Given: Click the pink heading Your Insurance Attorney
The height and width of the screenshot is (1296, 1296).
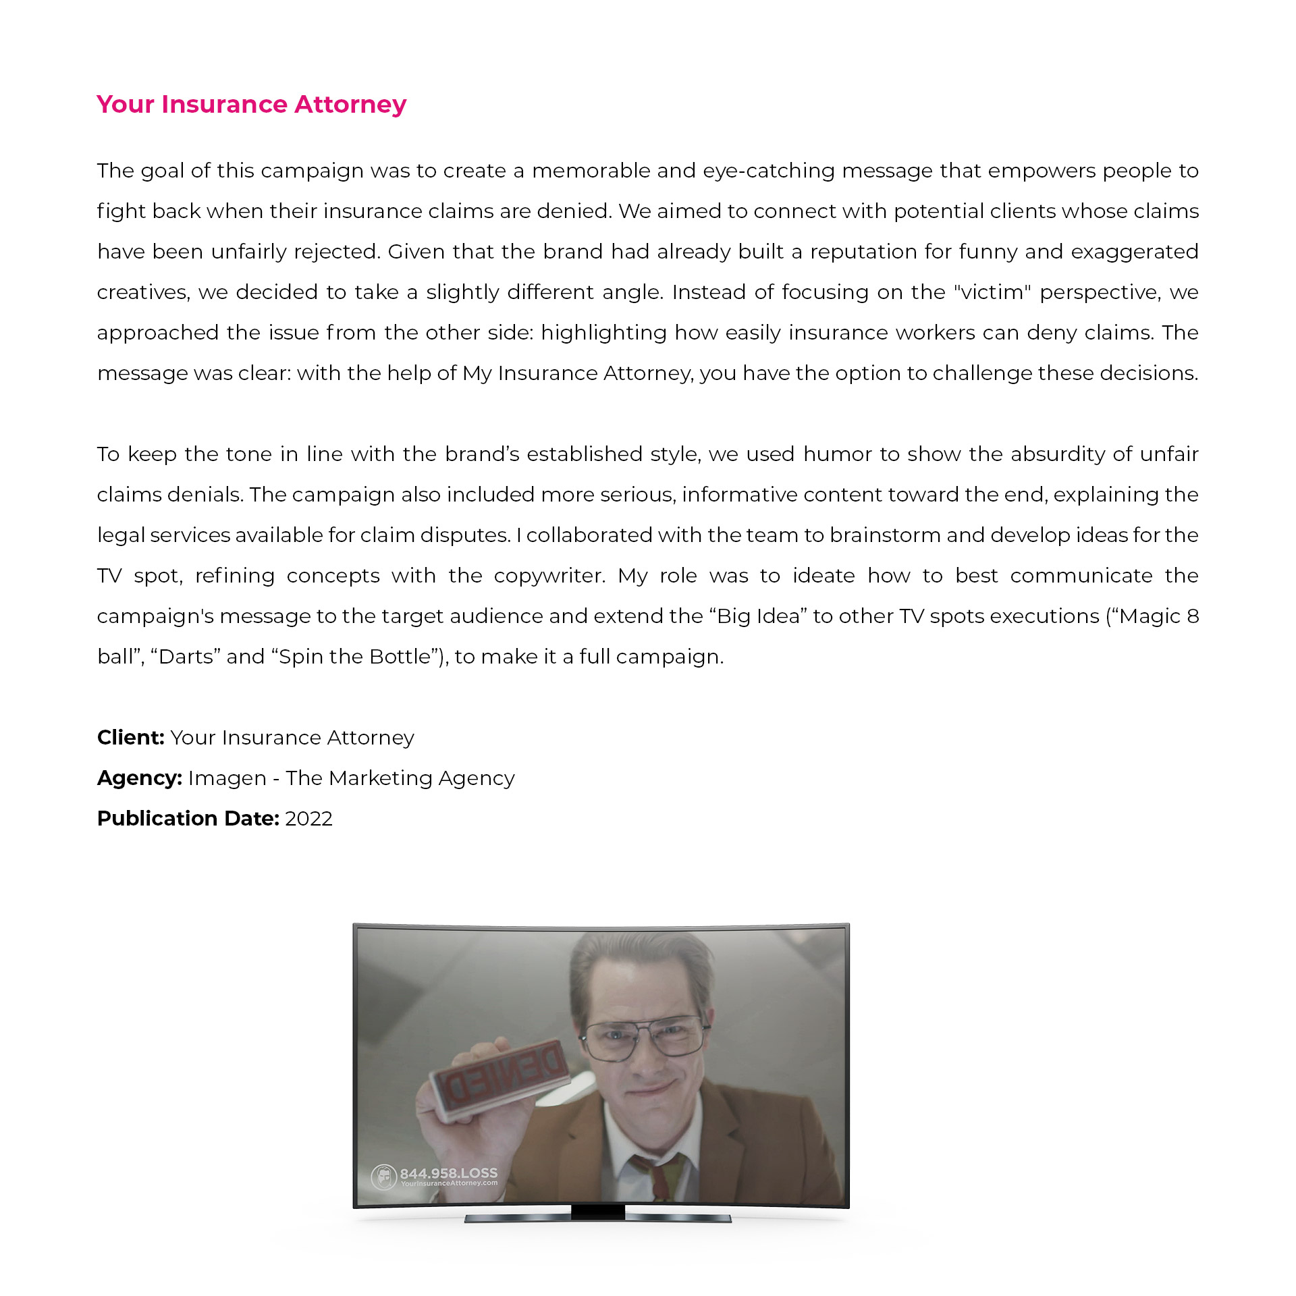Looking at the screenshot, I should [251, 105].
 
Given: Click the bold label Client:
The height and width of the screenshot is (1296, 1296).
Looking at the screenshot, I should [130, 737].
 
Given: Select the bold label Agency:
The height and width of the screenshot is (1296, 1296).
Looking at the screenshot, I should [139, 778].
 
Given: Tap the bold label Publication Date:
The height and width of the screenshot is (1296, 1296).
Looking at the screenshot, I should [188, 818].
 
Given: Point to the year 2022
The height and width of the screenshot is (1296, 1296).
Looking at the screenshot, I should [308, 818].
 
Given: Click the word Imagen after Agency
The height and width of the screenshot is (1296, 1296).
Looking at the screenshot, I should [227, 778].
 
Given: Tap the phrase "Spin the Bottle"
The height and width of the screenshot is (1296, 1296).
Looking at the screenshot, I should [354, 656].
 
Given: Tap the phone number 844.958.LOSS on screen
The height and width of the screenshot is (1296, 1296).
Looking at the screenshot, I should [448, 1173].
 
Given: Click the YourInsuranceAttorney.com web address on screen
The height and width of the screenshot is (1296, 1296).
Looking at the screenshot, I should [449, 1183].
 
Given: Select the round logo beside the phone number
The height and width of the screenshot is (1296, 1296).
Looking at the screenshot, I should [383, 1177].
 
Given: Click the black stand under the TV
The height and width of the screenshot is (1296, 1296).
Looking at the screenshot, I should [597, 1214].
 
